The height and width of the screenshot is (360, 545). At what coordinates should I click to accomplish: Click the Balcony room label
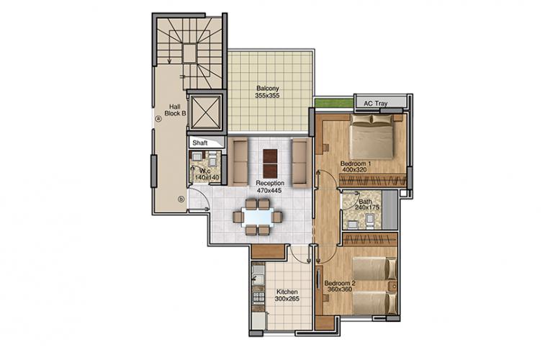(268, 89)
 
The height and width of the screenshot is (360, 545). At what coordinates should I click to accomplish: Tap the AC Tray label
(375, 104)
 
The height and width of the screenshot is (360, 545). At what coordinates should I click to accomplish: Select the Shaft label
(200, 143)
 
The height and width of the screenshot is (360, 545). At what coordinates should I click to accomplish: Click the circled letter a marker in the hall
(158, 119)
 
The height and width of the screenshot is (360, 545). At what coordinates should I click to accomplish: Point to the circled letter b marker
(181, 199)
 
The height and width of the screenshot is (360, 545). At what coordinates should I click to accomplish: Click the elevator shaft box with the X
(206, 112)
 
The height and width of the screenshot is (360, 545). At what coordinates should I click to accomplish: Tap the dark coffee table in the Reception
(270, 163)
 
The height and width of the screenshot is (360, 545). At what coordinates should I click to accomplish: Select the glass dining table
(258, 217)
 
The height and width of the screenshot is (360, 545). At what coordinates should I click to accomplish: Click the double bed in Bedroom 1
(371, 137)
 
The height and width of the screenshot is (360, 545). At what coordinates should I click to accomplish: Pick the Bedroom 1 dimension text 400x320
(354, 170)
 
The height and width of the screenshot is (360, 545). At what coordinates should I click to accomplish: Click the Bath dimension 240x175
(367, 207)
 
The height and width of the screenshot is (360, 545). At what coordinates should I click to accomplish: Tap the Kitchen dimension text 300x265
(287, 299)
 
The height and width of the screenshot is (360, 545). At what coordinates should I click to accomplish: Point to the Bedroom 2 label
(340, 283)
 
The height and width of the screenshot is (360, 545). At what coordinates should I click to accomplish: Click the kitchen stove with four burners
(258, 297)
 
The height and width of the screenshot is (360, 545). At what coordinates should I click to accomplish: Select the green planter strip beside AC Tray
(334, 103)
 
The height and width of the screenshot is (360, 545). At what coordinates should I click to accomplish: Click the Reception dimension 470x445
(269, 190)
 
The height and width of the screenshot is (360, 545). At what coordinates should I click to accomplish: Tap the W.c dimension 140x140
(207, 178)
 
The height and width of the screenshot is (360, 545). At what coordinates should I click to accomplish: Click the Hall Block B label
(175, 110)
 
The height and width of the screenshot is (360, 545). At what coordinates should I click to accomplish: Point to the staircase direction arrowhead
(169, 62)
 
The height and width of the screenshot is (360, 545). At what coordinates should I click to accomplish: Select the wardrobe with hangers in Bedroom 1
(372, 181)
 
